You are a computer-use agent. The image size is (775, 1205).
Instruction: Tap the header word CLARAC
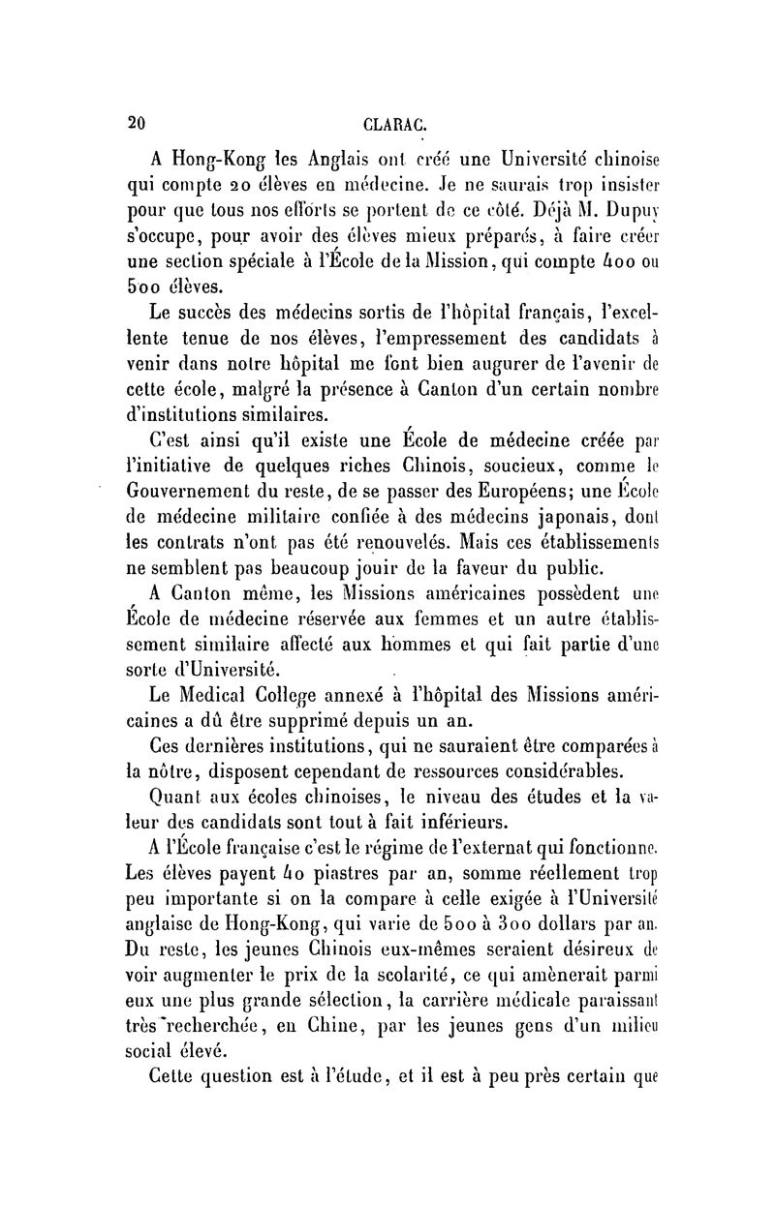390,123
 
